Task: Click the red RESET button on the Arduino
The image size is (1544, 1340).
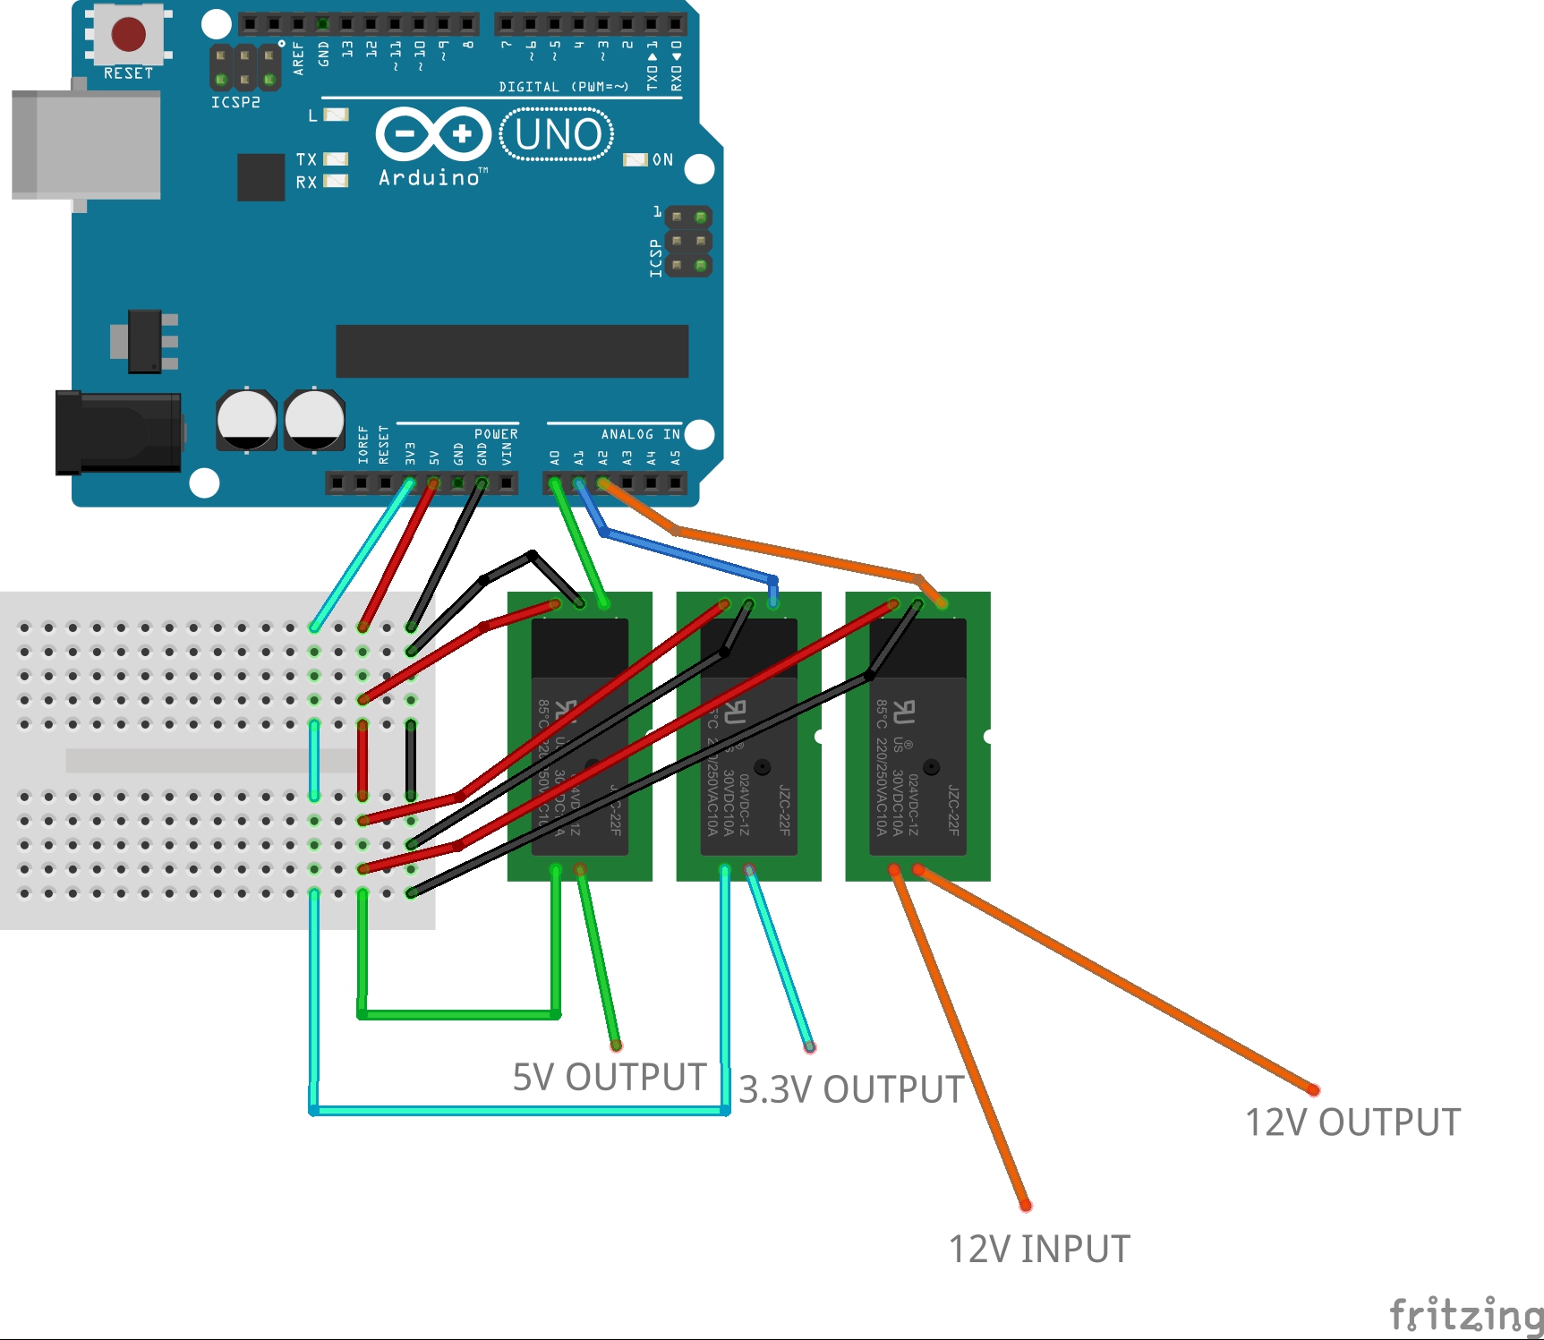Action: pos(128,34)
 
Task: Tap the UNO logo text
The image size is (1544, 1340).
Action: pos(557,135)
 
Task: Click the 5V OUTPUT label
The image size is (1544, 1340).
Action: pos(609,1077)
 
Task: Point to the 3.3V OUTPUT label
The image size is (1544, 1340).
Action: pos(851,1089)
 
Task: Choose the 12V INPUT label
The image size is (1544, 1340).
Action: pos(1038,1249)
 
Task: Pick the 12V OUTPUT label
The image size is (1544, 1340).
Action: pos(1352,1122)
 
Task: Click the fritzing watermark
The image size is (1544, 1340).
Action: pos(1464,1314)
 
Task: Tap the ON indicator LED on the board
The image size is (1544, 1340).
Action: pos(635,159)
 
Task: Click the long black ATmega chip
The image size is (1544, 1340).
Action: pos(511,351)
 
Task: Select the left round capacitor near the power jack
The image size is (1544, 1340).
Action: pos(246,419)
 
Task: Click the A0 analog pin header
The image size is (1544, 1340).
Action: pos(555,483)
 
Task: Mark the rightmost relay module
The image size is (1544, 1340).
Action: pos(917,736)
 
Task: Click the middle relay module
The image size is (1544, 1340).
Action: pos(748,736)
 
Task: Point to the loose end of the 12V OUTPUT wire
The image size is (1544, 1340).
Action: pos(1313,1089)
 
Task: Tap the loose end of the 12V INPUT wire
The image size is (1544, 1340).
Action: pos(1026,1206)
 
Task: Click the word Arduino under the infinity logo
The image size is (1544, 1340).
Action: pos(430,177)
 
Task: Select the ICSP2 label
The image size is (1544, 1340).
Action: pos(235,102)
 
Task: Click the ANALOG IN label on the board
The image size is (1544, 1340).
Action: pos(640,434)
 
